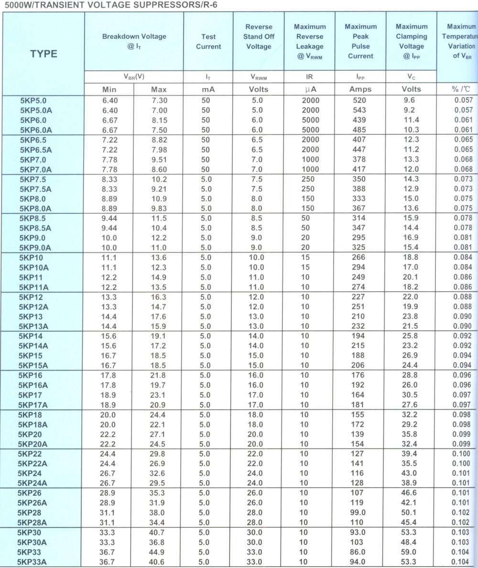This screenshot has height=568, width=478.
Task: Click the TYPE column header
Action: (43, 54)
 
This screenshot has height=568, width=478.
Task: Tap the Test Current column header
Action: (208, 42)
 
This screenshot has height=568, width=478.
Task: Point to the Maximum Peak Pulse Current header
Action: (360, 42)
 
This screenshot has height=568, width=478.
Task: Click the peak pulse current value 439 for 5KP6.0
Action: (359, 120)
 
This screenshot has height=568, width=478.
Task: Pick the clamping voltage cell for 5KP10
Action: (411, 258)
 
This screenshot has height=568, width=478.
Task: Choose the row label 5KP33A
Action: (33, 562)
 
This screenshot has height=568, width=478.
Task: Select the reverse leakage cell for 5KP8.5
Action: (305, 218)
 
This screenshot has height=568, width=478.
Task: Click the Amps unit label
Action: (360, 89)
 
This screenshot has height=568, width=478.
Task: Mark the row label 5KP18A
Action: (35, 425)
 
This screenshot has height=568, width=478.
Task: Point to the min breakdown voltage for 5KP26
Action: (109, 493)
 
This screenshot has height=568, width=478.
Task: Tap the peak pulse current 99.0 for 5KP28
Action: (359, 513)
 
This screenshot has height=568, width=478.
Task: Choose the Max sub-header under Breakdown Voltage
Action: (159, 89)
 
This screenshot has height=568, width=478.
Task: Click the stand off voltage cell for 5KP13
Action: (256, 317)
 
